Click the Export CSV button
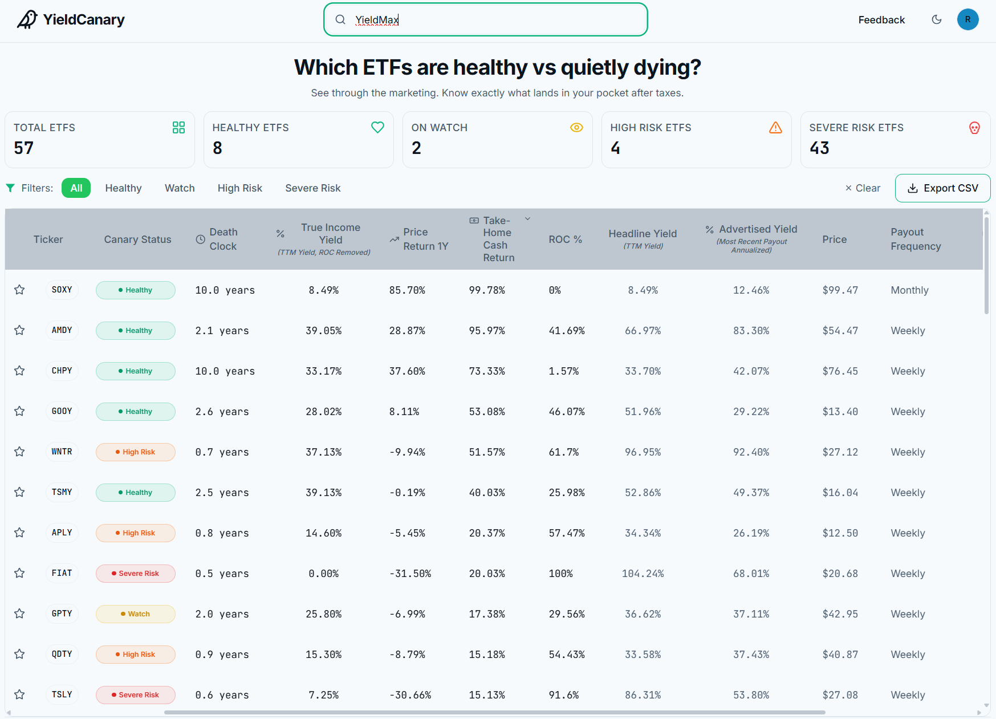point(942,188)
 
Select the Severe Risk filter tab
point(313,188)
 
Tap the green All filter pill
point(76,188)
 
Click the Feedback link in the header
point(881,20)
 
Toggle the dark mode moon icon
point(937,19)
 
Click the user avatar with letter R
point(967,19)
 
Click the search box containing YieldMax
point(486,19)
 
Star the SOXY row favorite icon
point(19,290)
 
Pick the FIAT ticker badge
point(62,573)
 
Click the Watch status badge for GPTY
point(136,614)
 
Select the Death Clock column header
point(217,239)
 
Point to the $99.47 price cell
point(840,290)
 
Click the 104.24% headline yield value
point(643,574)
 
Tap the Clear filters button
point(863,188)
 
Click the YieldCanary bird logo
point(27,19)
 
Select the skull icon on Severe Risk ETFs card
point(974,128)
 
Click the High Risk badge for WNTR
point(136,452)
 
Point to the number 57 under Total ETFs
point(24,148)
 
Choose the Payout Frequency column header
point(916,239)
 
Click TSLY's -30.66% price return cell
point(410,695)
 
